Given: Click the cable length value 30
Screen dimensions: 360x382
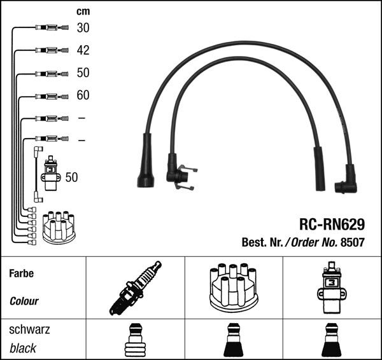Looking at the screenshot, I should [x=83, y=27].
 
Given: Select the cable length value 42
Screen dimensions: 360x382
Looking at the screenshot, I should [x=83, y=50].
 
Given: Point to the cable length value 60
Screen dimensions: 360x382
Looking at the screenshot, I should [x=83, y=95].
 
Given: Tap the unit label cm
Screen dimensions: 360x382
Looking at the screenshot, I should [x=83, y=11].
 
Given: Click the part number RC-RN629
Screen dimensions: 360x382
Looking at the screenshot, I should [x=332, y=225].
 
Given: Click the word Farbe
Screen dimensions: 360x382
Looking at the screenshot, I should [x=21, y=274].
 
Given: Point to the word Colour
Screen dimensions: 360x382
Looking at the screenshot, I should [x=24, y=301].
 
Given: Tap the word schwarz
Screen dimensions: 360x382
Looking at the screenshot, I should [x=29, y=330].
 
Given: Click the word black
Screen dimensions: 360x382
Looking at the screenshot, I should [x=23, y=348].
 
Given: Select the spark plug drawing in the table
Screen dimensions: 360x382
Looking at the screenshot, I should [x=135, y=287].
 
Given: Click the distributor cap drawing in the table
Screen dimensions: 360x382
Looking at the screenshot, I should [x=233, y=287].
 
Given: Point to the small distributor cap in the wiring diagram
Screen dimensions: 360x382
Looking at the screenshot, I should [x=58, y=227].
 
